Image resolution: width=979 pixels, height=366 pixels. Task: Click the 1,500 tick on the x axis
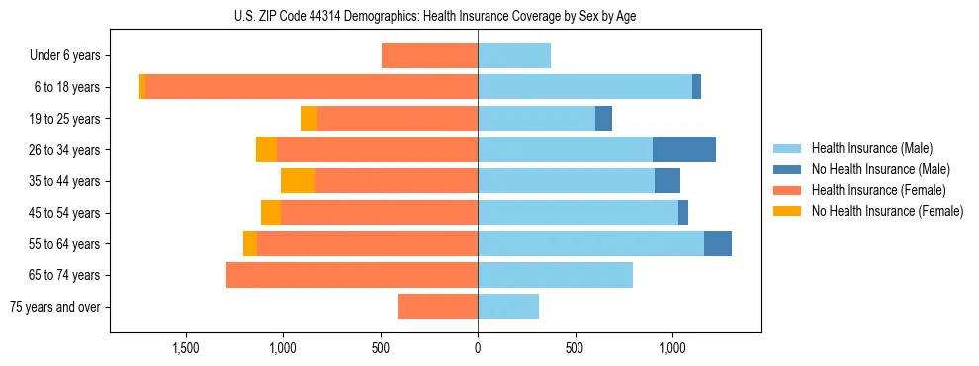tap(187, 348)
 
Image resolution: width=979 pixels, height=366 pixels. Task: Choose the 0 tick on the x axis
tap(478, 348)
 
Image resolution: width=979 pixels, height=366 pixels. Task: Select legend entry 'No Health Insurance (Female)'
tap(886, 211)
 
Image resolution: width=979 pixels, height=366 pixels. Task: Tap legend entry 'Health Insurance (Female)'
tap(876, 190)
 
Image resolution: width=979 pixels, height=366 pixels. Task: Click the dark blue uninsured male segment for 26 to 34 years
tap(684, 150)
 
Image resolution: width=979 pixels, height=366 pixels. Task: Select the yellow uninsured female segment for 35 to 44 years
tap(298, 181)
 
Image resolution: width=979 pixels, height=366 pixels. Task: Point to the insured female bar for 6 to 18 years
tap(311, 87)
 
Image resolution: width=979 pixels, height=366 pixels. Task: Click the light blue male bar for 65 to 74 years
tap(555, 275)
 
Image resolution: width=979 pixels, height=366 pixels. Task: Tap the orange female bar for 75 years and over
tap(437, 307)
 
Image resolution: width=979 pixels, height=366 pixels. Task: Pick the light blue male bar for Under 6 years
tap(514, 56)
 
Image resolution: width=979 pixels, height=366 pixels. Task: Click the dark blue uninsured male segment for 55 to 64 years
tap(718, 244)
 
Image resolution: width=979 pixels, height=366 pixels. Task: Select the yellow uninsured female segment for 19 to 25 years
tap(309, 119)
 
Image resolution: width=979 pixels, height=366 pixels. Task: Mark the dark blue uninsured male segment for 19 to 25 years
tap(603, 119)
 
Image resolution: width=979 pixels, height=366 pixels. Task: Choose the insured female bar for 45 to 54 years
tap(379, 213)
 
